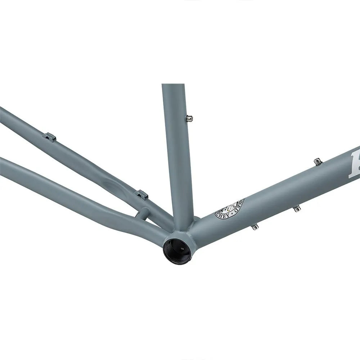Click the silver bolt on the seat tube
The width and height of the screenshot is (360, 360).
189,118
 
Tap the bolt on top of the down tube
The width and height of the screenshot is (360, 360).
317,161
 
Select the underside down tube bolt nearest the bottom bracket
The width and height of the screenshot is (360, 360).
255,226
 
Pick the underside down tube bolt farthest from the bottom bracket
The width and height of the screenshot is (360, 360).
297,208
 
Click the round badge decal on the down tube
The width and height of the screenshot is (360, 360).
229,209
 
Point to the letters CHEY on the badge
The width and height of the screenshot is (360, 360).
222,214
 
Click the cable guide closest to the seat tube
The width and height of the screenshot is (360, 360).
141,194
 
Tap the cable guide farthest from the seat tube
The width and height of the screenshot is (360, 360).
49,137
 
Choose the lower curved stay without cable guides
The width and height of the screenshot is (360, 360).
72,191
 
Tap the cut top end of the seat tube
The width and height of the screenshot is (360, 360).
173,85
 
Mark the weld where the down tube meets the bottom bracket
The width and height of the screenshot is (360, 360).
196,230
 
